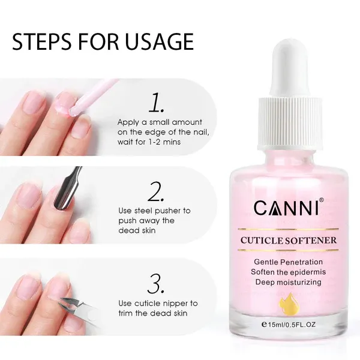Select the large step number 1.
coord(157,102)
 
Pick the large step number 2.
coord(156,192)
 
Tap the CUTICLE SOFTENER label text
coord(289,241)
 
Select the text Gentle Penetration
coord(289,262)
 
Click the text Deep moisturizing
coord(289,282)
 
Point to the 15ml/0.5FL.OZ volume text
coord(289,325)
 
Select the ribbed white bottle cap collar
coord(290,123)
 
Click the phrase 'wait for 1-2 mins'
coord(149,142)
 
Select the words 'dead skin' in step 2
coord(137,230)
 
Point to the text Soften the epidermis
coord(289,272)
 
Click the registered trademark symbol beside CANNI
coord(322,200)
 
